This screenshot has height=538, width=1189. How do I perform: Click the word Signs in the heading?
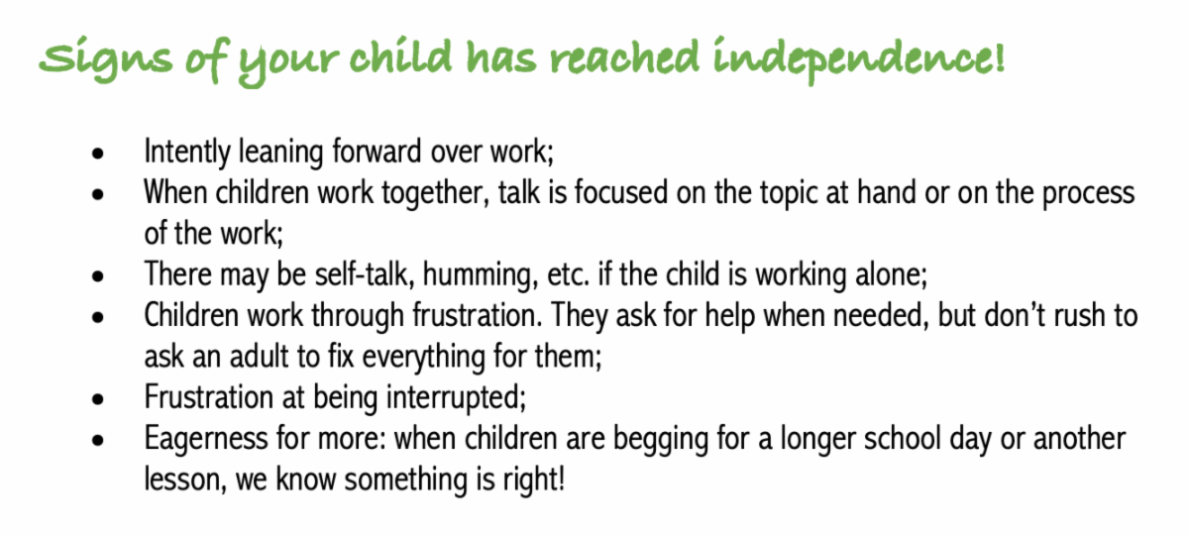point(106,58)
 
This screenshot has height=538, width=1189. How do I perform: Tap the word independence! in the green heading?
point(859,59)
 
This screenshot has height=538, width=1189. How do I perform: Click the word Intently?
point(187,152)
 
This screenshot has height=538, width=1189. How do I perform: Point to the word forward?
point(377,151)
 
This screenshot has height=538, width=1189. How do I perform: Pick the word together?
point(435,192)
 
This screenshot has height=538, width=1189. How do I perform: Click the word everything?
point(424,357)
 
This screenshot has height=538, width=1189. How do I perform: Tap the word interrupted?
point(457,397)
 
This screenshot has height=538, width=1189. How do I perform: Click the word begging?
point(661,440)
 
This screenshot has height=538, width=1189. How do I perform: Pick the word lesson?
point(185,480)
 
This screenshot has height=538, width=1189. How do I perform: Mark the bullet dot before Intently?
point(98,154)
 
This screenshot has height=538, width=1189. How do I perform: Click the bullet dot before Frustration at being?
point(98,399)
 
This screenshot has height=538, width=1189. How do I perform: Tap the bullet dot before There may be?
point(98,276)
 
